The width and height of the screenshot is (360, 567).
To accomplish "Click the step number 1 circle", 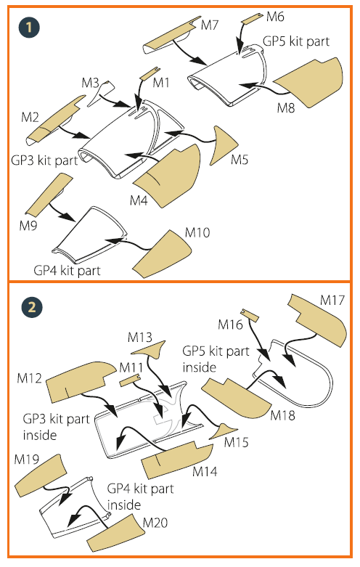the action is coord(29,27).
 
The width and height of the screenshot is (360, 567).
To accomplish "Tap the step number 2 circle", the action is coord(32,307).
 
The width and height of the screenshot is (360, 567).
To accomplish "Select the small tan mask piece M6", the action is coord(252,18).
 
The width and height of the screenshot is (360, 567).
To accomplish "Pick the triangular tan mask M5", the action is coord(221,146).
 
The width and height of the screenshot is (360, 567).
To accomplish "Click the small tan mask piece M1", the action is coord(150,73).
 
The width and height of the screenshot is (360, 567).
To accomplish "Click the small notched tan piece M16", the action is coord(250,315).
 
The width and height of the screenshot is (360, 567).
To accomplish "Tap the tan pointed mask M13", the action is coord(150,350).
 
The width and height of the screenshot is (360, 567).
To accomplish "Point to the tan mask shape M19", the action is coord(41,475).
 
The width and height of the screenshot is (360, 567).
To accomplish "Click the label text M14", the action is coord(205,472).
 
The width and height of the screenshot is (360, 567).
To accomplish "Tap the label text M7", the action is coord(210,25).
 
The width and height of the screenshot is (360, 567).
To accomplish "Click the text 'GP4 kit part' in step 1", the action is coord(67,270).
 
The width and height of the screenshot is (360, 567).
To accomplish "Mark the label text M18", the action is coord(282,415).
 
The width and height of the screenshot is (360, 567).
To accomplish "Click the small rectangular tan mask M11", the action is coord(130,380).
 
